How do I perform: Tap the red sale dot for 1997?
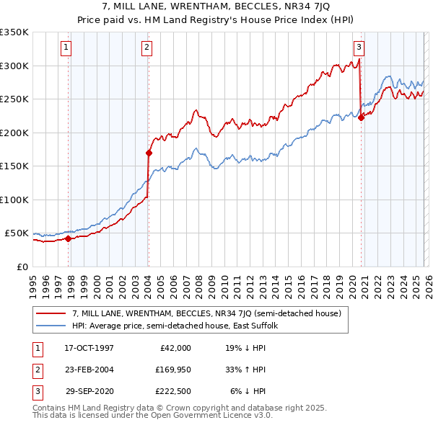[x=69, y=238]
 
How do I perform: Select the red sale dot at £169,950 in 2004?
[x=149, y=153]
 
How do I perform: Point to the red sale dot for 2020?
[x=361, y=118]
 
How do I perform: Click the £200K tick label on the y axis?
[x=14, y=133]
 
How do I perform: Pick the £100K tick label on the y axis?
[x=14, y=200]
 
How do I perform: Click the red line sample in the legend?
[x=51, y=313]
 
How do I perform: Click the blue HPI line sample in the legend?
[x=51, y=326]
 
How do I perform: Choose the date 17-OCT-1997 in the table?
[x=89, y=348]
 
